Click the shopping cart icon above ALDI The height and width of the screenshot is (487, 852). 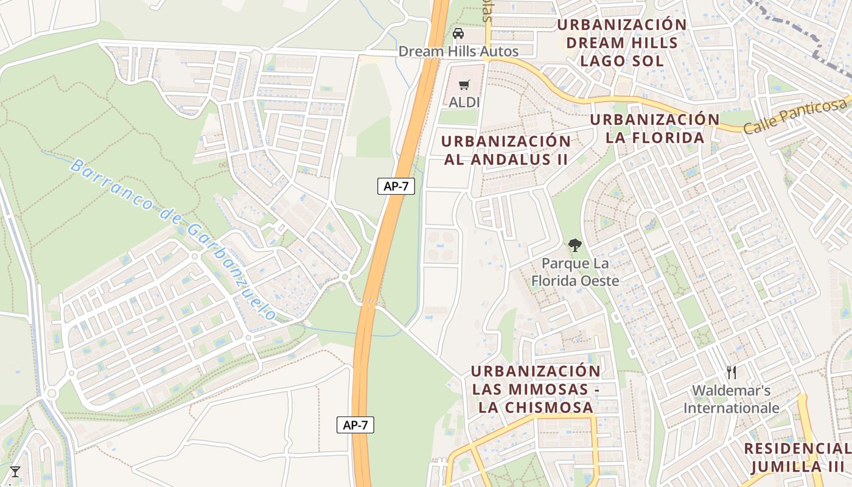pos(464,85)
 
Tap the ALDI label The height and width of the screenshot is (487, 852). pos(464,102)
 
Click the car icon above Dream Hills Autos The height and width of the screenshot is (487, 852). pos(458,33)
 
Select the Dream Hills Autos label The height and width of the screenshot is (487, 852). pos(458,51)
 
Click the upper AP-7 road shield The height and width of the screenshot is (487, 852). pos(396,186)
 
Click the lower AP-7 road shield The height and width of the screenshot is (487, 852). pos(355,425)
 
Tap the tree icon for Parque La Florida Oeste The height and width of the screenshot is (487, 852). pos(574,245)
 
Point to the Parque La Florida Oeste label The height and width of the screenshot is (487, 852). pos(575,272)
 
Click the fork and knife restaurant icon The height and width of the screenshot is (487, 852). pos(732,373)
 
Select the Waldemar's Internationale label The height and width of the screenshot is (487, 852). pos(732,399)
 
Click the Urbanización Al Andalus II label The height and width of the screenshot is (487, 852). pos(506,150)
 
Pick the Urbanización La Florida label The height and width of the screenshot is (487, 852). pos(655,128)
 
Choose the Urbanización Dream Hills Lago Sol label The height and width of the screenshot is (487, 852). pos(621,43)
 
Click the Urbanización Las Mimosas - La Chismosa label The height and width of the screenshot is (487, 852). pos(536,389)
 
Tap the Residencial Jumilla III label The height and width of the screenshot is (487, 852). pos(797,458)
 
